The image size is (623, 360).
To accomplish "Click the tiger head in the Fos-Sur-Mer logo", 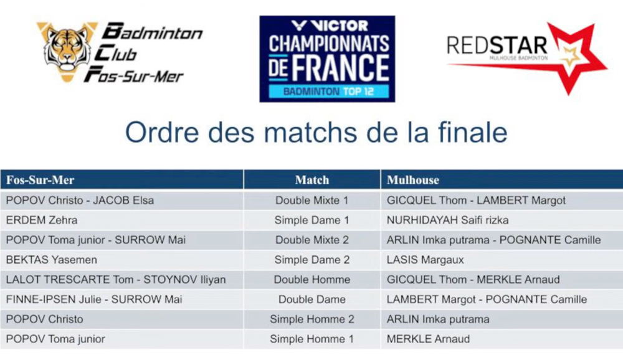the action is [x=67, y=51].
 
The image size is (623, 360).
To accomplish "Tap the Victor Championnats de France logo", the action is [x=327, y=59].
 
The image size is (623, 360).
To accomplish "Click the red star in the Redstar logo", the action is [x=572, y=59].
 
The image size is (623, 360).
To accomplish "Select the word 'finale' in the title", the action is [x=472, y=132].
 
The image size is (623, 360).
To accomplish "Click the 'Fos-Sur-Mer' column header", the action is [x=40, y=180].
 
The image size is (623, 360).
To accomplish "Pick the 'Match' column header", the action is [x=312, y=180].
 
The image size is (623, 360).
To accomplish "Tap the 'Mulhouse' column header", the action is [x=413, y=180].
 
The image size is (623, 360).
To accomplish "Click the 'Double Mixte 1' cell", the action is [x=312, y=201].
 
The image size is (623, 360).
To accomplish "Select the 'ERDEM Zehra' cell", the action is [x=42, y=220].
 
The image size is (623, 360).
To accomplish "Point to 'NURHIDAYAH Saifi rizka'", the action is [x=447, y=220].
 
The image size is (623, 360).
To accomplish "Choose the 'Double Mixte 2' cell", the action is [x=312, y=240].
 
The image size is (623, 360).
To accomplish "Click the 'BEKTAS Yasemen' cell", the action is [x=52, y=260].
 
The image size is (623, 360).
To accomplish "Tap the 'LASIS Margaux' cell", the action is [x=425, y=260].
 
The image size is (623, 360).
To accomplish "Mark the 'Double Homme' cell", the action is [x=312, y=280].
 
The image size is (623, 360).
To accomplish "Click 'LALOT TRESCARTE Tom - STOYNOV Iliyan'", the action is [x=116, y=280].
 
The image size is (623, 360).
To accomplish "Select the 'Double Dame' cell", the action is [x=312, y=300].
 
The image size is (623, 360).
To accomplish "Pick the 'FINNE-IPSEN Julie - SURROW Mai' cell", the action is [x=94, y=300].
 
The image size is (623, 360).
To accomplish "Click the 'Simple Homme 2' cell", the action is [x=312, y=320].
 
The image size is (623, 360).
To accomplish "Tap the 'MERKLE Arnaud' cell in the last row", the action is [x=428, y=339].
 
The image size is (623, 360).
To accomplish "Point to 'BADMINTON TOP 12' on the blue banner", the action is [x=328, y=92].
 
